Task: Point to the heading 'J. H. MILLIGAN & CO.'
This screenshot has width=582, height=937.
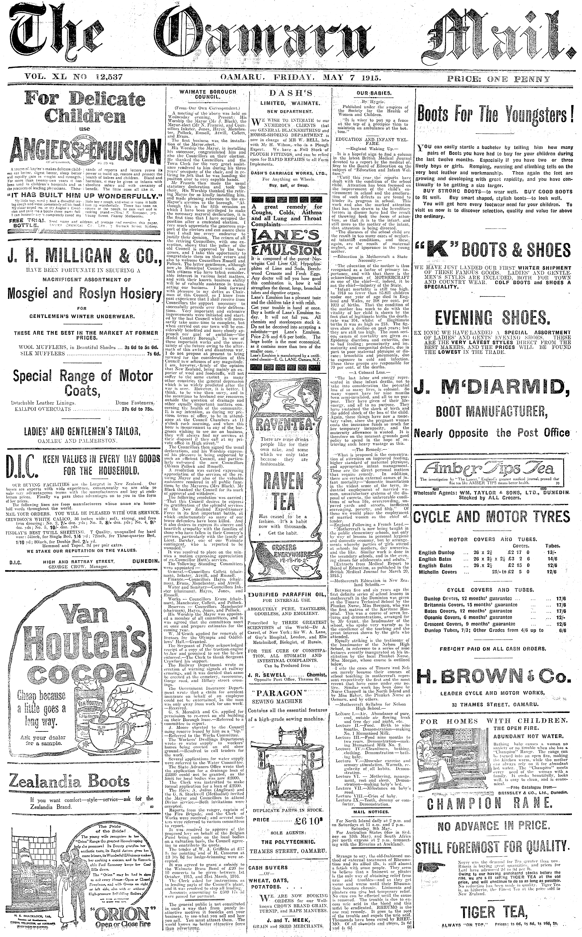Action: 84,255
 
